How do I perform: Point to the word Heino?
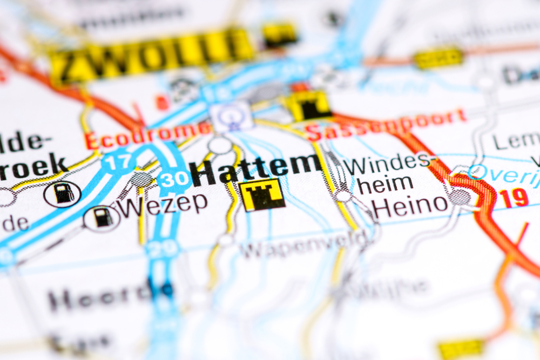coord(411,205)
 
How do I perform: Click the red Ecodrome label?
coord(148,135)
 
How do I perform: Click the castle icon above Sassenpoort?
coord(309,106)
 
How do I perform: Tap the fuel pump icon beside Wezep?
coord(102,218)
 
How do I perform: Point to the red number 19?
coord(514,198)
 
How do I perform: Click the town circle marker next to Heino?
coord(460,197)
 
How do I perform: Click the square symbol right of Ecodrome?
coord(232,116)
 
